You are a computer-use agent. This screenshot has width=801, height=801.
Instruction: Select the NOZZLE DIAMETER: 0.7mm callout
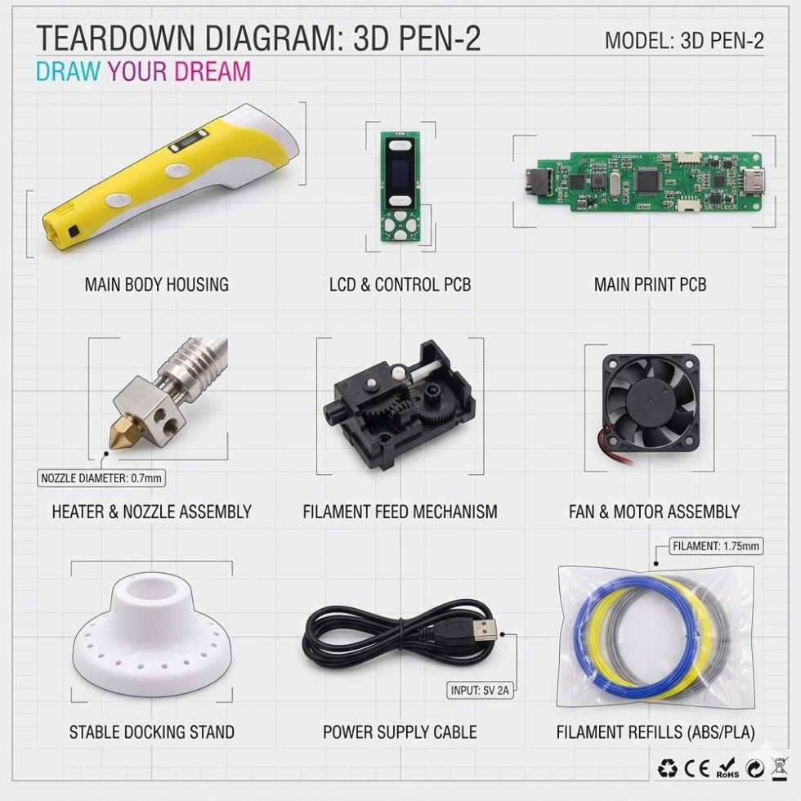101,478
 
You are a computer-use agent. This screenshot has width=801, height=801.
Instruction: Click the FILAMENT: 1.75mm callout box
716,546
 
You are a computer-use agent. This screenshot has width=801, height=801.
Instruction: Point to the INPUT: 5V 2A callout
480,690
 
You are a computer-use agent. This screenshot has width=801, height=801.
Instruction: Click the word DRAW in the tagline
69,71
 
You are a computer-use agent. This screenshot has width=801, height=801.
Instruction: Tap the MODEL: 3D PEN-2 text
684,40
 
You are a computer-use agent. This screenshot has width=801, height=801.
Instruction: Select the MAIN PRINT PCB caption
650,284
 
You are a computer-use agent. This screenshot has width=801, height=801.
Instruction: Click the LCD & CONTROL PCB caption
400,284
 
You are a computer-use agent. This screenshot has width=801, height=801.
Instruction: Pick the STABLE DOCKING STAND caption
152,732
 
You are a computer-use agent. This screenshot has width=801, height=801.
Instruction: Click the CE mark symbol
696,768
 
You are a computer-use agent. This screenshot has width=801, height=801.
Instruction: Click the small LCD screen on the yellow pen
190,141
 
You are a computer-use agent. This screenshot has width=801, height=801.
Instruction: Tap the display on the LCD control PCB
400,173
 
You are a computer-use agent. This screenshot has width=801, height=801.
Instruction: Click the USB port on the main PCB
754,181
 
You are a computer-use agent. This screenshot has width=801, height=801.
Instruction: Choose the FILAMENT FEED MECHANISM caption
400,512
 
